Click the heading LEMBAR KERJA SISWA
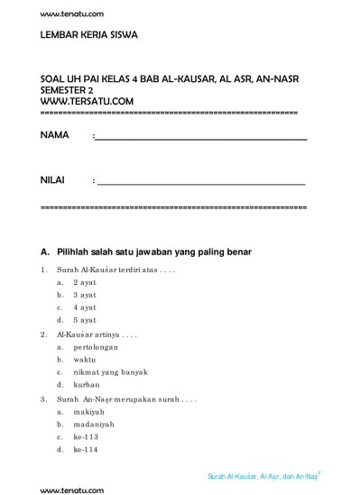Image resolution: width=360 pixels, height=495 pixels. coord(89,38)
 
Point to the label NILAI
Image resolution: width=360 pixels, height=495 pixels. coord(54,181)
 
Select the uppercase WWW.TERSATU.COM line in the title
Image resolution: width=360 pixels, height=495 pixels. coord(88,101)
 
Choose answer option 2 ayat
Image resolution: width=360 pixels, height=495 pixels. coord(85,282)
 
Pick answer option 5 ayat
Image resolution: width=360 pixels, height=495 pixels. coord(85,320)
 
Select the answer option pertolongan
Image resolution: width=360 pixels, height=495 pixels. coord(97,346)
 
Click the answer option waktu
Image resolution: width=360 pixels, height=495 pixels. coord(86,359)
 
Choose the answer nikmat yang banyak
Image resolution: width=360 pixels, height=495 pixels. coord(110,371)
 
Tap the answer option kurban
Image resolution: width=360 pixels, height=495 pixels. coord(87,384)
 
